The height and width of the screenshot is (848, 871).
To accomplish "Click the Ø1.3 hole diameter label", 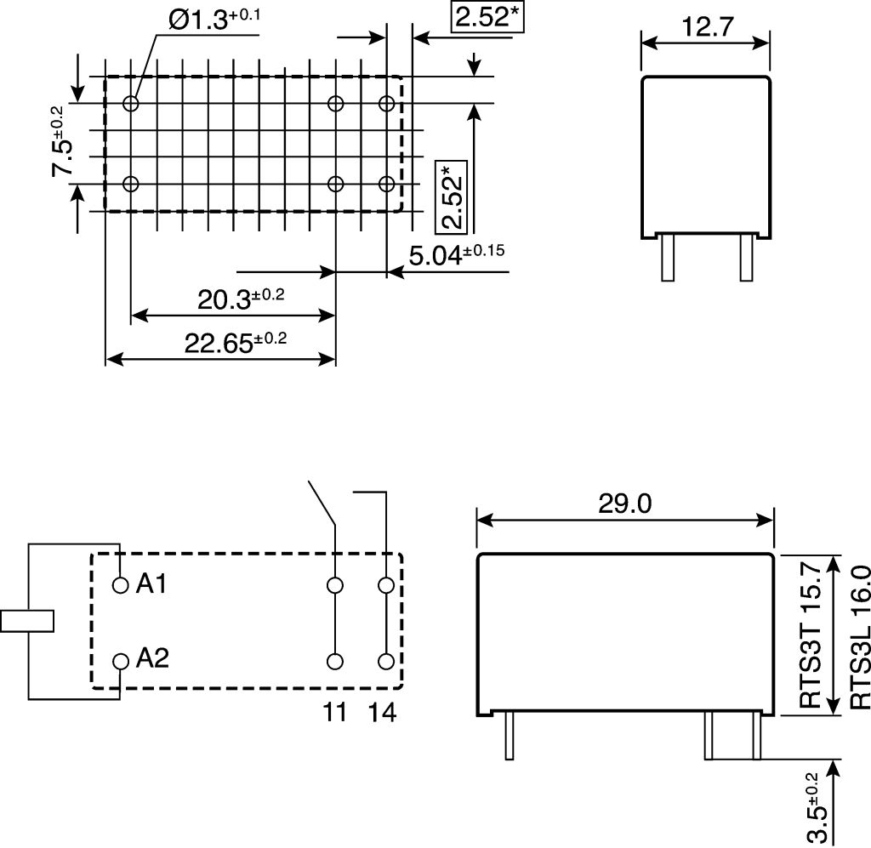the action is click(x=214, y=20).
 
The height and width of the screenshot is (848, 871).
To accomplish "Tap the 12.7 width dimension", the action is click(x=707, y=26).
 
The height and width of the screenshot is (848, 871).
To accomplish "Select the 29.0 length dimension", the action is click(x=625, y=504).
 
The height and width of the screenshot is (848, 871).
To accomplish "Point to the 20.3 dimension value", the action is click(x=241, y=299).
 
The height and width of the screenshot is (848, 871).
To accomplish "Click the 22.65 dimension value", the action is click(x=236, y=343).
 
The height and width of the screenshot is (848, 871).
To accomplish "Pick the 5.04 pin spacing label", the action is click(x=457, y=254).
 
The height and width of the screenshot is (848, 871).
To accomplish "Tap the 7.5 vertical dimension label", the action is click(x=61, y=140).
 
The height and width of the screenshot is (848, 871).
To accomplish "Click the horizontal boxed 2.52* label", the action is click(x=487, y=17).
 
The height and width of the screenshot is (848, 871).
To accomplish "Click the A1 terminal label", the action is click(x=151, y=583).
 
